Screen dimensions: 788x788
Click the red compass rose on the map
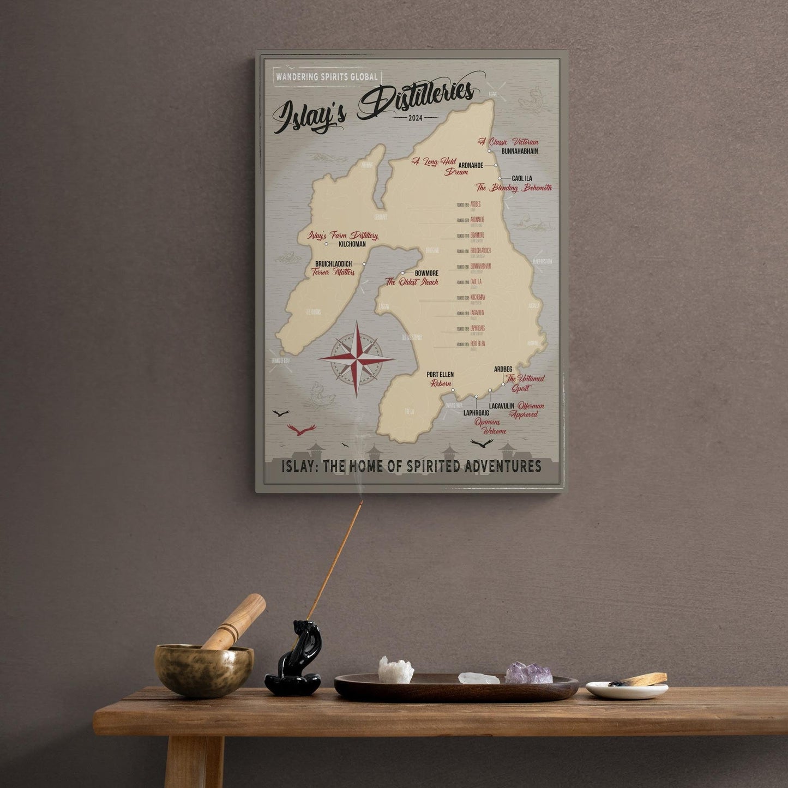click(356, 359)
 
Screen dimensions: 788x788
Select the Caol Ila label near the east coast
click(521, 178)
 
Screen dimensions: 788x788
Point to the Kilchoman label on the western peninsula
click(352, 244)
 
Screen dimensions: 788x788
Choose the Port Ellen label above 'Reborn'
click(440, 375)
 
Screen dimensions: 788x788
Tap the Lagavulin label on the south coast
click(502, 406)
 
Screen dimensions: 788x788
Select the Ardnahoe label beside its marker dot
click(471, 165)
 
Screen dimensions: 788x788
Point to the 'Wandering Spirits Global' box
click(326, 77)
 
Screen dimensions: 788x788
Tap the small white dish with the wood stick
click(627, 689)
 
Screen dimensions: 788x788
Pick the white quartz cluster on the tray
click(396, 670)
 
